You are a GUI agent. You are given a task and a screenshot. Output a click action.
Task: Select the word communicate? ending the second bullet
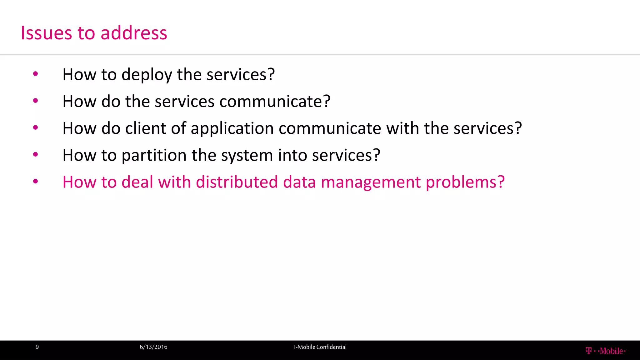(275, 102)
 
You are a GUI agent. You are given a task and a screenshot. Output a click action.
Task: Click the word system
(247, 155)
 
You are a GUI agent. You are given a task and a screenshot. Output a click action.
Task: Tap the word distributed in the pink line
(237, 182)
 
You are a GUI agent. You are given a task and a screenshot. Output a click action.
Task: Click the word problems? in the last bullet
(465, 182)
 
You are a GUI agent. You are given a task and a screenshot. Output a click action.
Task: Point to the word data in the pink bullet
(299, 182)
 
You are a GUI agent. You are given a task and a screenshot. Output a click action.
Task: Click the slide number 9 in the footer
(37, 347)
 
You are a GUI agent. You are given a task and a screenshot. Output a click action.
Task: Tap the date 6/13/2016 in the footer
(153, 347)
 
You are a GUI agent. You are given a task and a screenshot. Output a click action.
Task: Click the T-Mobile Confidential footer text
(319, 347)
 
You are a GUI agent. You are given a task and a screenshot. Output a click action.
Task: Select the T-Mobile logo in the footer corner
(606, 351)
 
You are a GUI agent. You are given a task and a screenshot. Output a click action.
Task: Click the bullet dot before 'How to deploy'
(35, 74)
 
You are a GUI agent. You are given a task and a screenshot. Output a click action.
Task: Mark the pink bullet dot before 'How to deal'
(35, 182)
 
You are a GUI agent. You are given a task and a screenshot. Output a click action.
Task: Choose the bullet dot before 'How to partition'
(35, 155)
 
